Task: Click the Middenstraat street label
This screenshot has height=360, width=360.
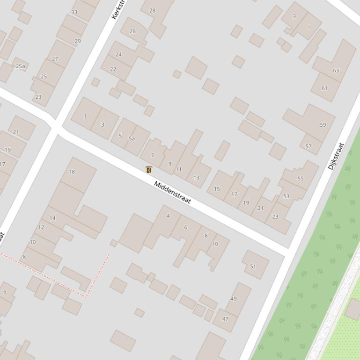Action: point(173,192)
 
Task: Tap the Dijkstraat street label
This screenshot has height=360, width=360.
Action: point(336,156)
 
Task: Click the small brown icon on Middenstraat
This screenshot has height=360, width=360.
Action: point(149,170)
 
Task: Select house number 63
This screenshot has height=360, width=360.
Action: point(336,71)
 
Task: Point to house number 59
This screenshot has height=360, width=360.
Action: point(323,125)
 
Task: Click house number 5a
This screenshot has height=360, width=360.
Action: point(132,138)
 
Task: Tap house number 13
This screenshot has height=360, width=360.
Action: point(196,178)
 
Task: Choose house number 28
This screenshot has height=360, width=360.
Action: point(152,10)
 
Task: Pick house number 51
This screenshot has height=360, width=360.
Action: point(253,266)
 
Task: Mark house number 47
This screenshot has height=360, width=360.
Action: point(225,319)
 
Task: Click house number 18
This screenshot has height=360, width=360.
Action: point(72,172)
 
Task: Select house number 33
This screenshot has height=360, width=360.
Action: point(74,12)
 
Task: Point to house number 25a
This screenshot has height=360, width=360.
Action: point(20,66)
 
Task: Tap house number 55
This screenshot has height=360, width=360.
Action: point(301,179)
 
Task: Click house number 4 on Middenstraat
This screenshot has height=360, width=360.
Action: point(168,216)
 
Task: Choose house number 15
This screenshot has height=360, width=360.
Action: point(217,189)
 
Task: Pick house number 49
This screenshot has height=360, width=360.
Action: point(234,298)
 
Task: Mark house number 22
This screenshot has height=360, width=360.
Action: point(113,69)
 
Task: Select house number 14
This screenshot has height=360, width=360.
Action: point(52,218)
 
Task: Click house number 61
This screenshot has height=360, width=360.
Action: point(324,88)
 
